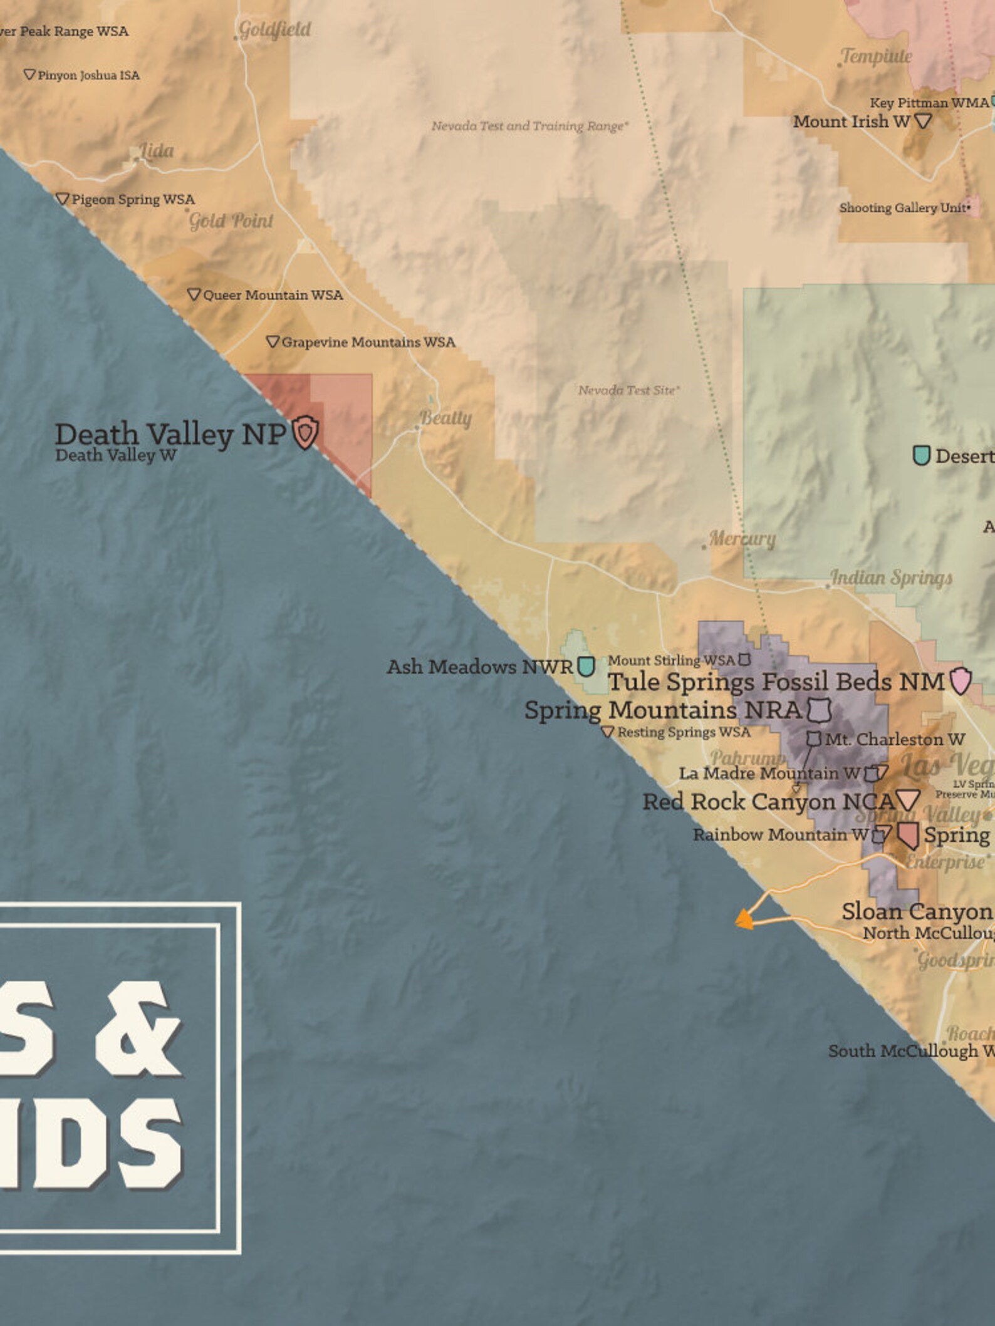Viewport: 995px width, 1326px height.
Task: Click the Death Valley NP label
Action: pos(170,434)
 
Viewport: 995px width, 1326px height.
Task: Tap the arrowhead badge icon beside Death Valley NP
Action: pos(306,432)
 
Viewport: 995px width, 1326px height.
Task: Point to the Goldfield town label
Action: pos(274,29)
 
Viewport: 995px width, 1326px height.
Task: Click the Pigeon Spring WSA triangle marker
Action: pos(62,199)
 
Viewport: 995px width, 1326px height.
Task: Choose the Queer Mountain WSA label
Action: pos(273,295)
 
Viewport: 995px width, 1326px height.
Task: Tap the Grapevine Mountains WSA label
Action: pos(368,342)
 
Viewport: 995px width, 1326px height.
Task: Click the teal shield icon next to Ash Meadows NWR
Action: pos(586,666)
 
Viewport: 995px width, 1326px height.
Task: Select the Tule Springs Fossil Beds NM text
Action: pos(776,681)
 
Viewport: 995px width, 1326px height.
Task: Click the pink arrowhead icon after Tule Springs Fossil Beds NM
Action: pos(960,681)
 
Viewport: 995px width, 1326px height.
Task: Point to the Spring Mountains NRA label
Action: pos(663,710)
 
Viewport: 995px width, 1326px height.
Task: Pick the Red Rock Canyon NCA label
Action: pos(769,802)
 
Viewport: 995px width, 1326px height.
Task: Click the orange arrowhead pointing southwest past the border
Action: pos(744,919)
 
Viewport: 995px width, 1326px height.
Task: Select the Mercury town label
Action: pos(742,538)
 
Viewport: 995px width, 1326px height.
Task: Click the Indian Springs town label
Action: pos(891,577)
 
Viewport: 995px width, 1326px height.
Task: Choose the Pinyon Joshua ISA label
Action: pos(88,76)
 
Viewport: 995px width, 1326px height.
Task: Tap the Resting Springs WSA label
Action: pos(684,732)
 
